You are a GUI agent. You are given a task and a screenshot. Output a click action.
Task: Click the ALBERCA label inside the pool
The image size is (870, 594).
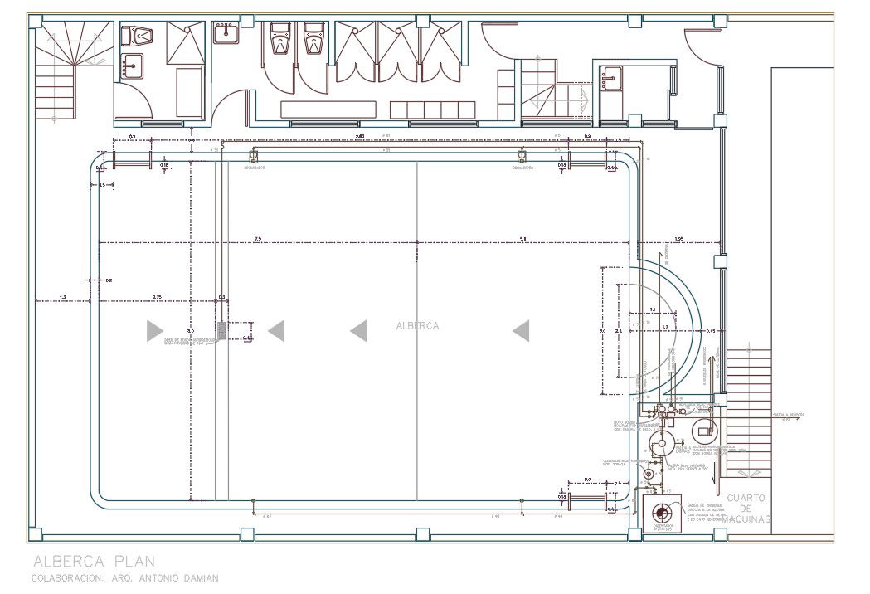pyautogui.click(x=417, y=326)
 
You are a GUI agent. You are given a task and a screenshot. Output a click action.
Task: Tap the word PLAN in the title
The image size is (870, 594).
pyautogui.click(x=132, y=562)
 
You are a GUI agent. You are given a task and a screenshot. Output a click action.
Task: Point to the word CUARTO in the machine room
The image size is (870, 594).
pyautogui.click(x=747, y=499)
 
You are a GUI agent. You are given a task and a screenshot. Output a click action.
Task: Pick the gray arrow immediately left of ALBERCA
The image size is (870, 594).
pyautogui.click(x=358, y=331)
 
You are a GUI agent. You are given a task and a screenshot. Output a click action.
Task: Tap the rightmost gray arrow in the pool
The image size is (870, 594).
pyautogui.click(x=521, y=331)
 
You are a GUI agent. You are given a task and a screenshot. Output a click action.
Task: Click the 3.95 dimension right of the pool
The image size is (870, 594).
pyautogui.click(x=678, y=239)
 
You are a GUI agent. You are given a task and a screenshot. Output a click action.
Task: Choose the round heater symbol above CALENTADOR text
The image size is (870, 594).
pyautogui.click(x=661, y=512)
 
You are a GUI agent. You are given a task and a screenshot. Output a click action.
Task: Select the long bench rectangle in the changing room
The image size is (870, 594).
pyautogui.click(x=328, y=109)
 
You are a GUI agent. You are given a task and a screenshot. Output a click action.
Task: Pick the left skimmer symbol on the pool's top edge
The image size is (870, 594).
pyautogui.click(x=254, y=156)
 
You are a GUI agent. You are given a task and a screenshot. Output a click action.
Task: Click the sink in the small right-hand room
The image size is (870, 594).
pyautogui.click(x=612, y=78)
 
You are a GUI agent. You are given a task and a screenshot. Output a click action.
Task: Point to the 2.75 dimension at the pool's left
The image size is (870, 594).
pyautogui.click(x=157, y=296)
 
